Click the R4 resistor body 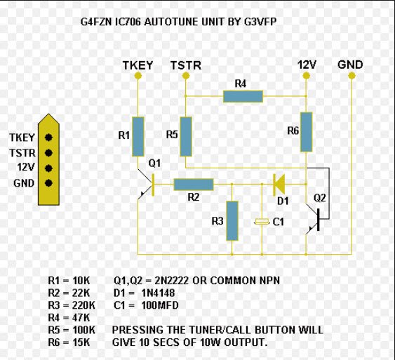click(243, 96)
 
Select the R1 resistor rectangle click(138, 137)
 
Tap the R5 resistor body click(186, 137)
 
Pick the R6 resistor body click(307, 132)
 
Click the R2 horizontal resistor click(194, 185)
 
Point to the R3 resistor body click(232, 221)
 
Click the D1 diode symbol click(279, 185)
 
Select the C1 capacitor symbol click(262, 222)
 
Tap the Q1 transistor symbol click(146, 185)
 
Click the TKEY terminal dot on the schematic click(138, 75)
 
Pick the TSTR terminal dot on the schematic click(186, 75)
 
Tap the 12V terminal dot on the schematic click(306, 75)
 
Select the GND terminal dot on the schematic click(352, 75)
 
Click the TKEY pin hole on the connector click(48, 138)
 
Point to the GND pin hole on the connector click(48, 183)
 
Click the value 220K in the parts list click(83, 305)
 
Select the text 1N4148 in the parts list click(158, 293)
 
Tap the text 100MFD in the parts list click(160, 305)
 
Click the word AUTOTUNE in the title click(172, 22)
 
